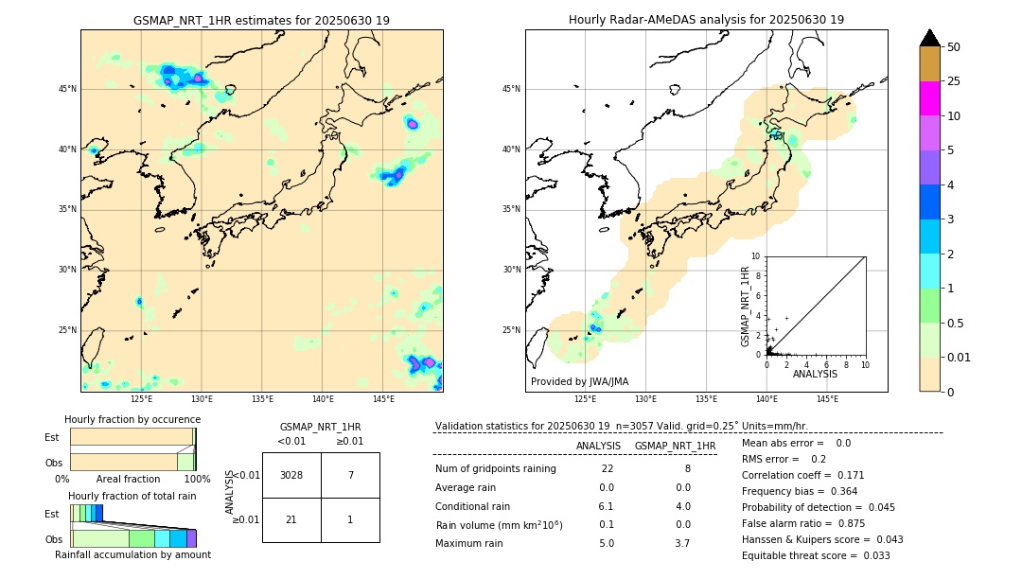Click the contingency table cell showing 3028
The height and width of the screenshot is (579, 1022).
291,475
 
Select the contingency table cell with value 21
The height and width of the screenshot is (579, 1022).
291,519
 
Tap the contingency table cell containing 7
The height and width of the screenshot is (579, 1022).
350,475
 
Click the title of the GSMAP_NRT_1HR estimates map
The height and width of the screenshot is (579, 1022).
261,20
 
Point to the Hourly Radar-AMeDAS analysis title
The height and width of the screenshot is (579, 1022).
706,20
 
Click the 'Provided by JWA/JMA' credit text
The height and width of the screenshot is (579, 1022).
579,381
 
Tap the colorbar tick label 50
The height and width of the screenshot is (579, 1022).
954,46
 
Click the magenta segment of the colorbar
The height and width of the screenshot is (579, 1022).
929,98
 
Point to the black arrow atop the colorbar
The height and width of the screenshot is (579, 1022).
929,38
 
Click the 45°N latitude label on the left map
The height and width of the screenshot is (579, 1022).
68,89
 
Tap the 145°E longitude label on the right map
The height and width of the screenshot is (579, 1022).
827,399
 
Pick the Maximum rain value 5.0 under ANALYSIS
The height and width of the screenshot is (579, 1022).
607,543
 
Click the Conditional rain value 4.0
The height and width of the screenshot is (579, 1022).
682,506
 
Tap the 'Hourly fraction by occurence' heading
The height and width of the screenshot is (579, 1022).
132,419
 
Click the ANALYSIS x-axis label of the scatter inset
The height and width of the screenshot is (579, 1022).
815,374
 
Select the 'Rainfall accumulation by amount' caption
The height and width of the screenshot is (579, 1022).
132,554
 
